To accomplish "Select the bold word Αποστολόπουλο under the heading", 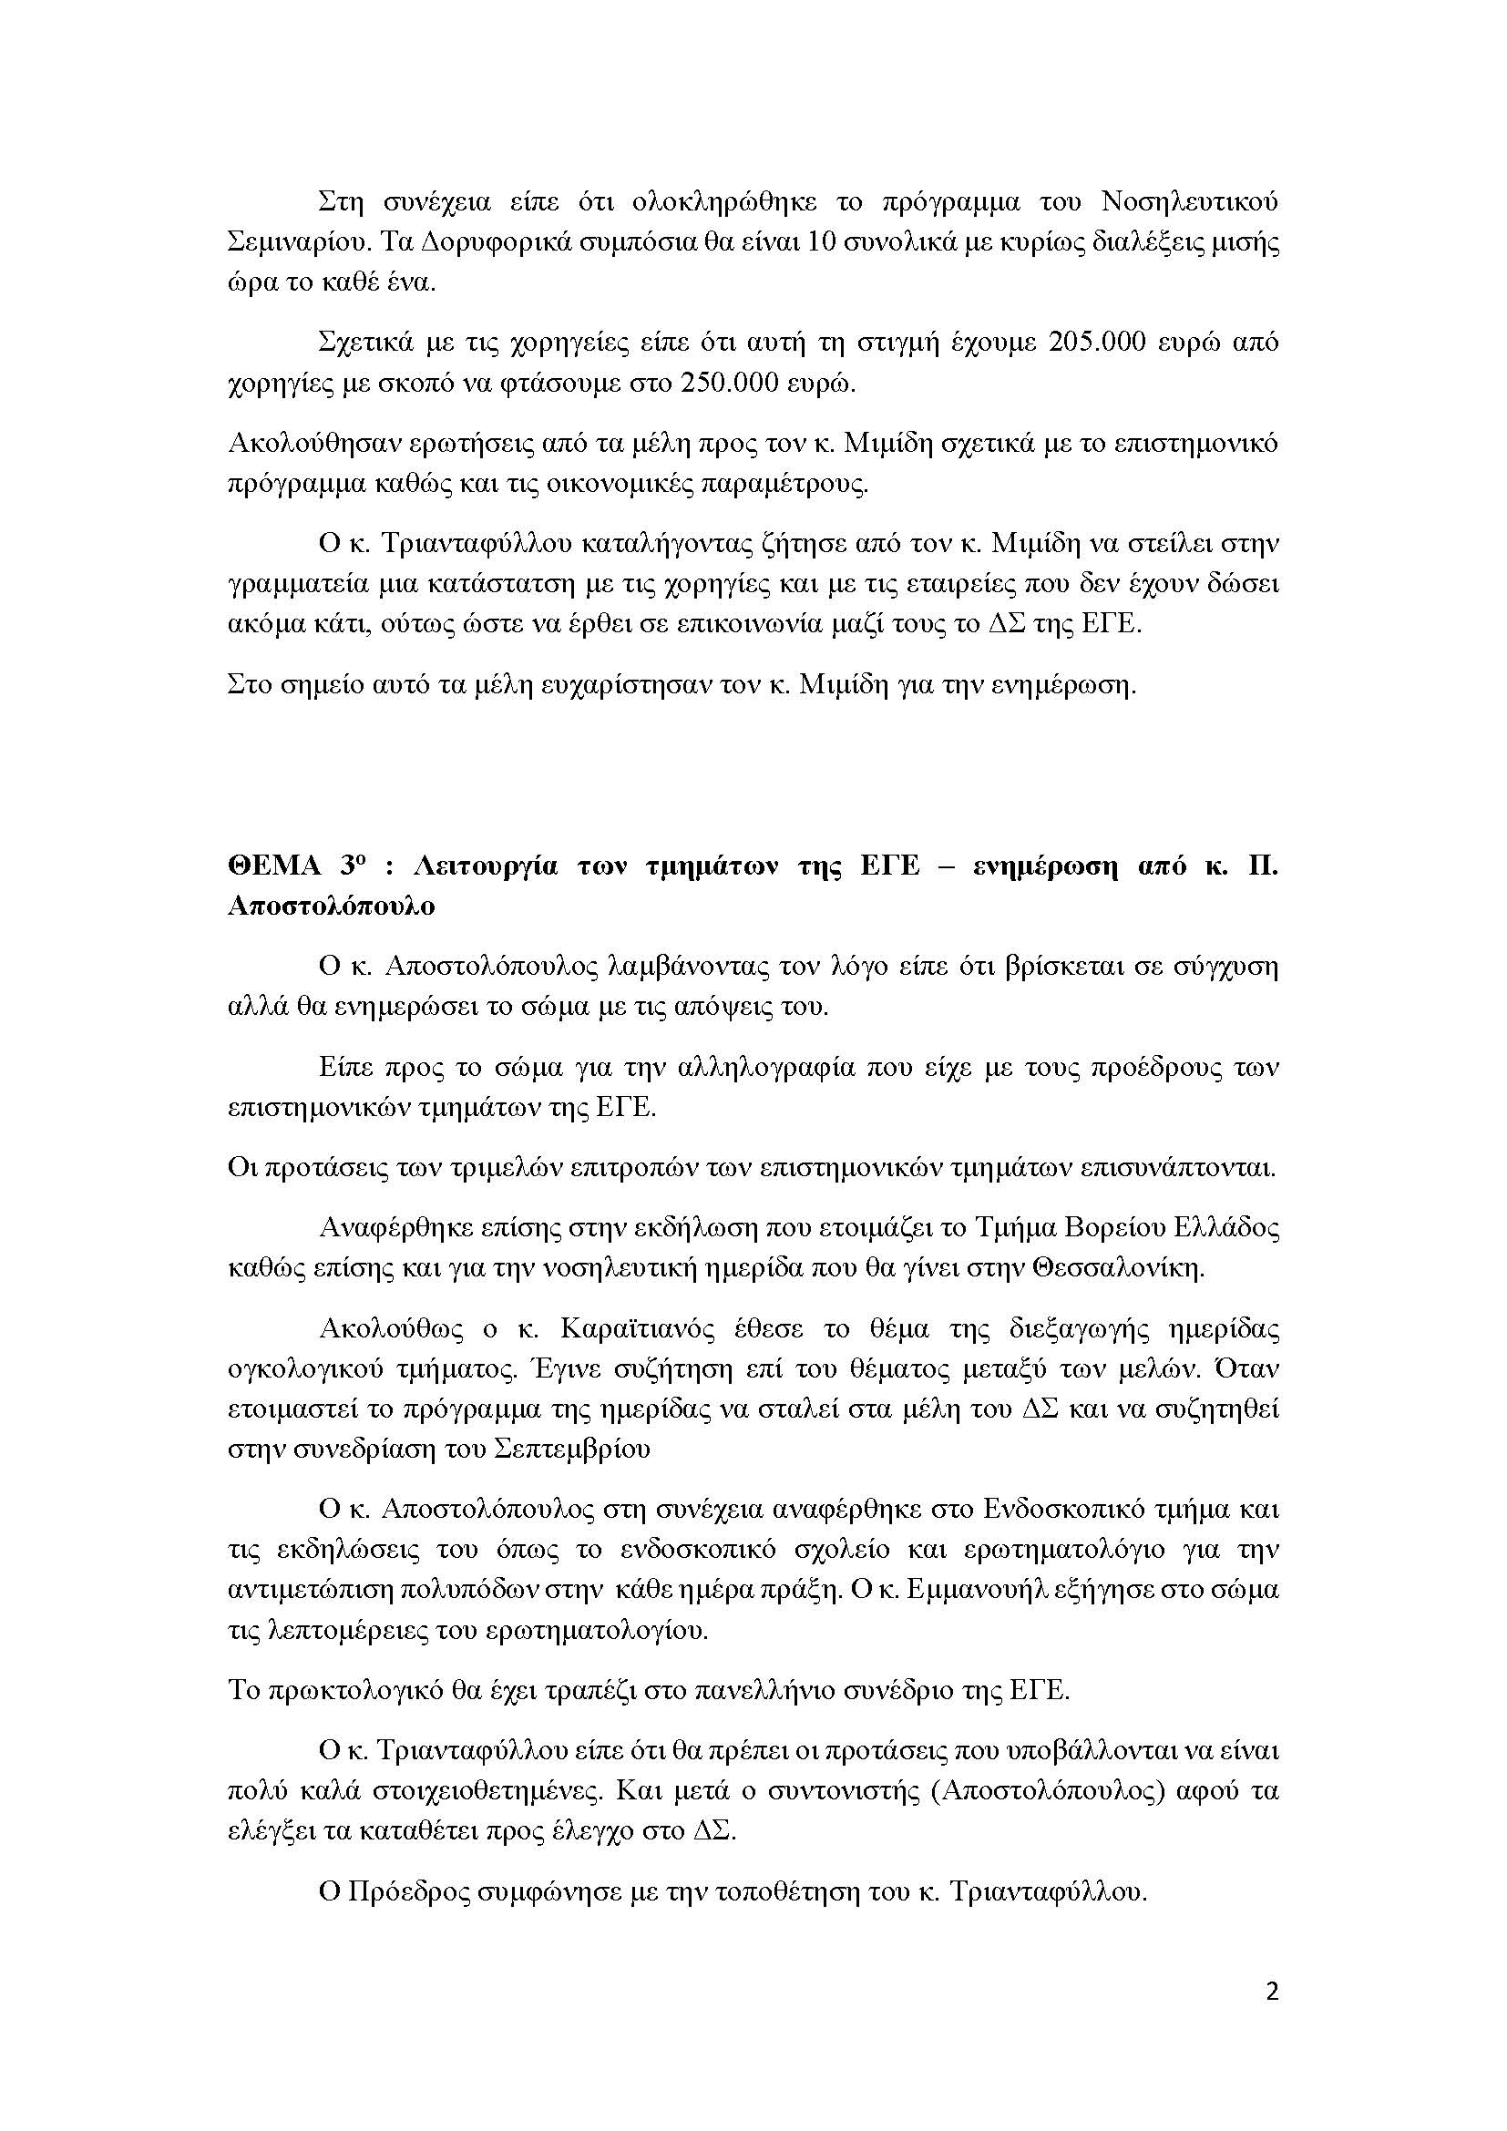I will pyautogui.click(x=332, y=907).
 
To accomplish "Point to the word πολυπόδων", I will pyautogui.click(x=462, y=1590).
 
